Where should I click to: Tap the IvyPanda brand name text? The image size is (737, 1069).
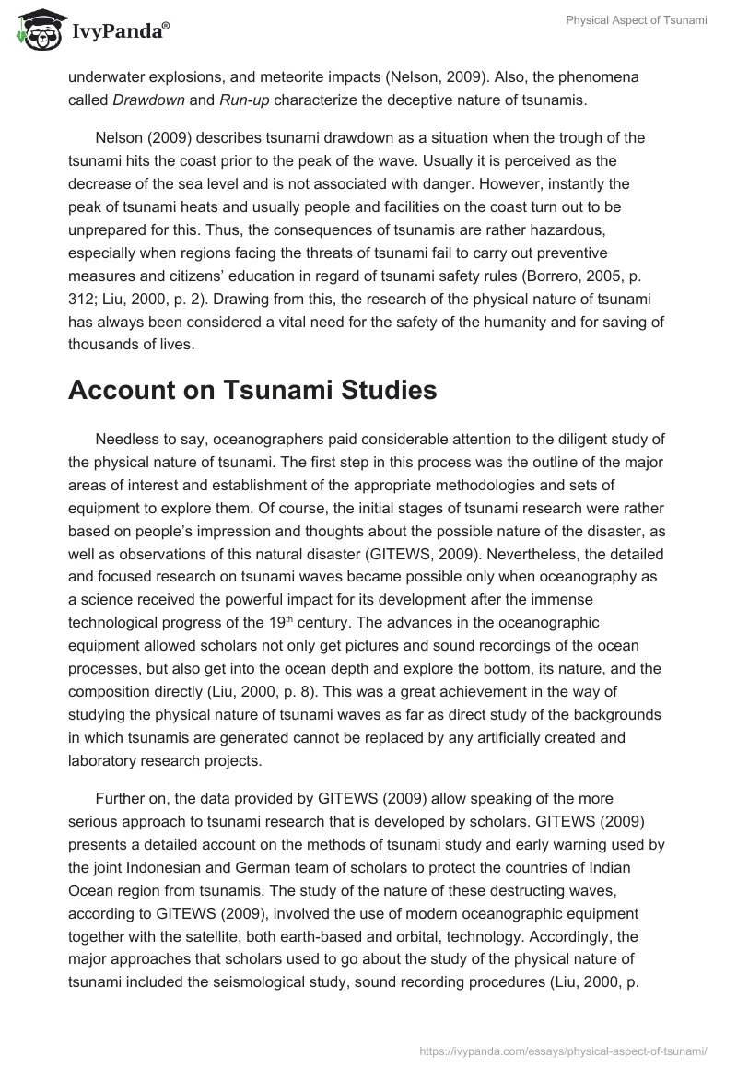[118, 31]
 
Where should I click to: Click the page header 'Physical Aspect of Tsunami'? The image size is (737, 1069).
[637, 20]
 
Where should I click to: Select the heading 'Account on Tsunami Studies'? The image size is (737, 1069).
[252, 390]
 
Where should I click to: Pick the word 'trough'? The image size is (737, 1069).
[582, 137]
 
